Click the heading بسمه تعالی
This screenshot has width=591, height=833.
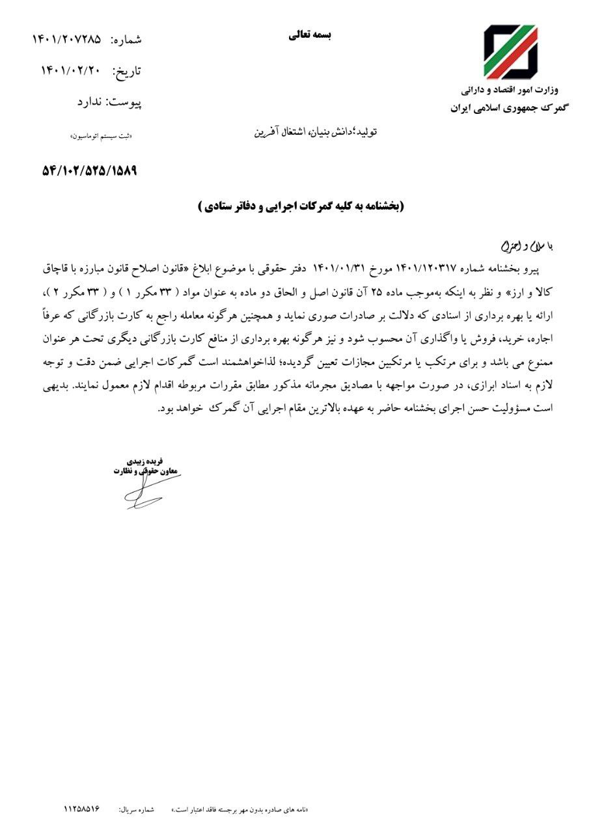tap(310, 36)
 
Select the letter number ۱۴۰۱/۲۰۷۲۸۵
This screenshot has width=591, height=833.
tap(67, 39)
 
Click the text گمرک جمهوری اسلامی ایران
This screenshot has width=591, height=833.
tap(508, 108)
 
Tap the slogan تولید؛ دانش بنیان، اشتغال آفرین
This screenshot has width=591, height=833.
tap(315, 132)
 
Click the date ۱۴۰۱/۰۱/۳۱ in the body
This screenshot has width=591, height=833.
tap(339, 268)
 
